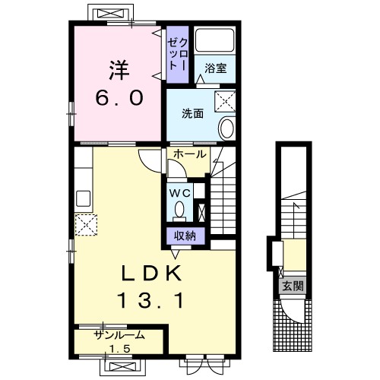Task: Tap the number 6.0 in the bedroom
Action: click(x=119, y=98)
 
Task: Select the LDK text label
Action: click(x=151, y=273)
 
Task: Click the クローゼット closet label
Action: click(x=177, y=55)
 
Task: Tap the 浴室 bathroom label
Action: click(x=215, y=68)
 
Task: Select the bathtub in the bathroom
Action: click(x=215, y=40)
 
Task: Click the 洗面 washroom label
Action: click(x=192, y=114)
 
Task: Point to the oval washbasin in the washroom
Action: click(x=226, y=128)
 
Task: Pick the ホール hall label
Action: click(x=190, y=154)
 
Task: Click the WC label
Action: click(x=180, y=194)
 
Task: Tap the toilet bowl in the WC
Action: click(x=179, y=209)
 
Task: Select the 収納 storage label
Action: click(x=185, y=236)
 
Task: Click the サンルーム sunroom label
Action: click(x=119, y=335)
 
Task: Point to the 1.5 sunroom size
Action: click(x=119, y=349)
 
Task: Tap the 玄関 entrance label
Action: click(x=293, y=287)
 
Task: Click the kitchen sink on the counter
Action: click(x=84, y=199)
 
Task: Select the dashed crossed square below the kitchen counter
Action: click(x=86, y=225)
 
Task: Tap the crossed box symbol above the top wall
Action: click(x=111, y=13)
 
